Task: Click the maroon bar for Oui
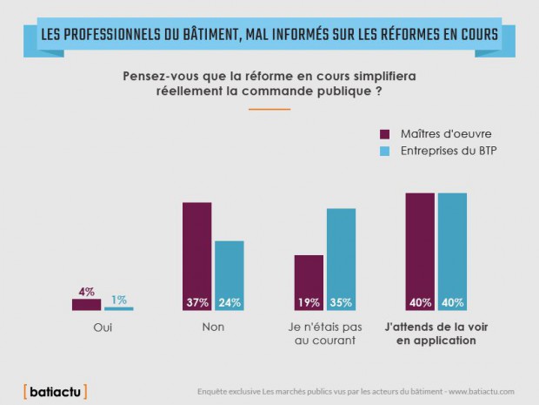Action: click(x=86, y=304)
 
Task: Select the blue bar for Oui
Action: click(x=119, y=308)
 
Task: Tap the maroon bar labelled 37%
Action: click(x=196, y=256)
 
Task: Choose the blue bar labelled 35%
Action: click(x=342, y=259)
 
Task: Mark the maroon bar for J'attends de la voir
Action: click(x=420, y=251)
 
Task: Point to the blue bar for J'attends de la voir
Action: click(x=452, y=251)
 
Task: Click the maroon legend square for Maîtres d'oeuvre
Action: click(x=385, y=133)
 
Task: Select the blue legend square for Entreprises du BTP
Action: click(x=385, y=152)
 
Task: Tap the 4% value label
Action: click(x=86, y=292)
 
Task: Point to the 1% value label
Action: click(x=119, y=300)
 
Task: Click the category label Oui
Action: click(x=103, y=328)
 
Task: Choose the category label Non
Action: click(x=213, y=328)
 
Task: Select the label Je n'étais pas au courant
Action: click(x=324, y=334)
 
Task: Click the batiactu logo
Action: click(x=55, y=390)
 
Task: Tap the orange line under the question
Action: click(x=269, y=109)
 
